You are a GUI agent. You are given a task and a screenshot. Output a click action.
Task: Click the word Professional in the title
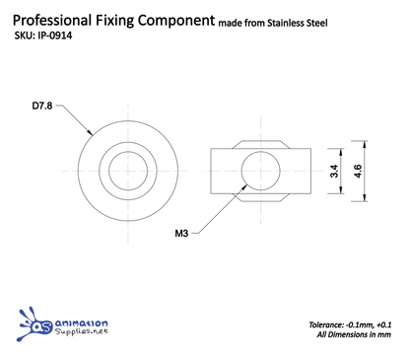(x=57, y=20)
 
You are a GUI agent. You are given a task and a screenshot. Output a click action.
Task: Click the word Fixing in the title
(x=127, y=20)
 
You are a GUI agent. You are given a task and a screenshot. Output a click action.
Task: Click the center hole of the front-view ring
(x=126, y=169)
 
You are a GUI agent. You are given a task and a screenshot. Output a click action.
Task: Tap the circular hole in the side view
(x=260, y=169)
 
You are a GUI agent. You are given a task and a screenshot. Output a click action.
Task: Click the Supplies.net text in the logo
(x=81, y=334)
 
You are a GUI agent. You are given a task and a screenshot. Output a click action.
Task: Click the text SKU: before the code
(x=25, y=39)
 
